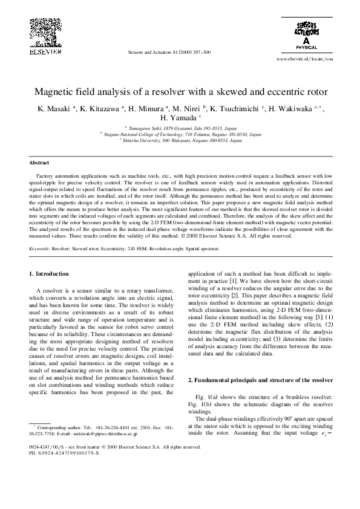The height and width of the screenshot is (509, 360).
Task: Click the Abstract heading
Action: click(x=39, y=163)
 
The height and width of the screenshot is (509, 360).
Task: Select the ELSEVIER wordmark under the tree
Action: click(x=45, y=51)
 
